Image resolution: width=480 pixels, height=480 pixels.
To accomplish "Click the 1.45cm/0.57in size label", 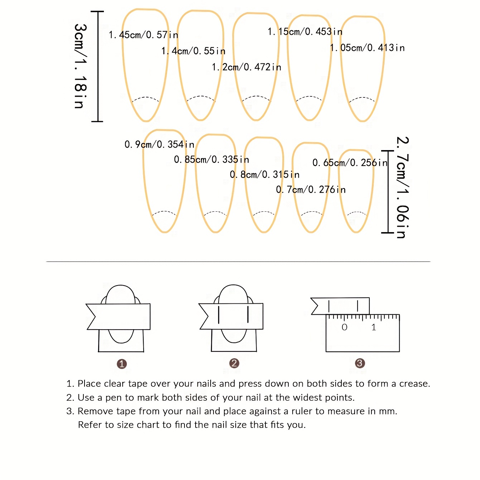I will pyautogui.click(x=143, y=35).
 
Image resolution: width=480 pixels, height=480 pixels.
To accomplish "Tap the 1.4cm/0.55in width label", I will pyautogui.click(x=193, y=51).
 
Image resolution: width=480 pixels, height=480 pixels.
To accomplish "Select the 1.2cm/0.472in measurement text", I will pyautogui.click(x=246, y=67).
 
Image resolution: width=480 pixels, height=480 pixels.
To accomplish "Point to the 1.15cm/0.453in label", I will pyautogui.click(x=305, y=32).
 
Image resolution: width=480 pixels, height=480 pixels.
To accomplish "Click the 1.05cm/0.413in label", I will pyautogui.click(x=367, y=48).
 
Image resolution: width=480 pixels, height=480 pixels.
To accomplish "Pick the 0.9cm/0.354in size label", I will pyautogui.click(x=159, y=144).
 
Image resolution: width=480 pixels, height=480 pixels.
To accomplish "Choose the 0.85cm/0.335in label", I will pyautogui.click(x=211, y=159).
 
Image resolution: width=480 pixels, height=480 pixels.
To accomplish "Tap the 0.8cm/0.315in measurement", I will pyautogui.click(x=265, y=174).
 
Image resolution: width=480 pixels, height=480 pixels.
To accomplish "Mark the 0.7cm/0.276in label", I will pyautogui.click(x=311, y=189).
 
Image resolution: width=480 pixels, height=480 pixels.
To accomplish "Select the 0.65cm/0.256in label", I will pyautogui.click(x=350, y=163).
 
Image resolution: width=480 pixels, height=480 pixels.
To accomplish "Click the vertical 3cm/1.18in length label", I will pyautogui.click(x=80, y=66).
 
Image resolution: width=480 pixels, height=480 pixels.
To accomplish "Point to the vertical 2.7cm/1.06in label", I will pyautogui.click(x=402, y=187).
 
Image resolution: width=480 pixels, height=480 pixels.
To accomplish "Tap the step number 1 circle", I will pyautogui.click(x=122, y=364).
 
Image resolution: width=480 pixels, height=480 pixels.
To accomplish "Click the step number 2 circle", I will pyautogui.click(x=234, y=363).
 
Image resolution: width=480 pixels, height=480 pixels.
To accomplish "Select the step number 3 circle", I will pyautogui.click(x=360, y=363).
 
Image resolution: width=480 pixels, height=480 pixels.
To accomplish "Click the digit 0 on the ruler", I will pyautogui.click(x=345, y=327).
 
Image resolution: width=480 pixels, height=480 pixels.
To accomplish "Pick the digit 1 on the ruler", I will pyautogui.click(x=374, y=327).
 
